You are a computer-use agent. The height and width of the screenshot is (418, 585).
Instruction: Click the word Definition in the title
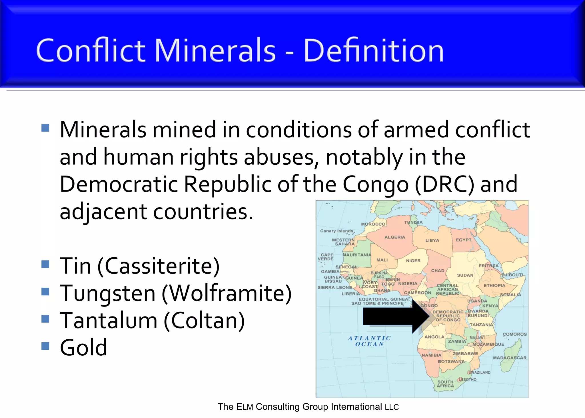tap(374, 51)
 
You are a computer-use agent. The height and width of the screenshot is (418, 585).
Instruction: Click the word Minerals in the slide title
tap(215, 51)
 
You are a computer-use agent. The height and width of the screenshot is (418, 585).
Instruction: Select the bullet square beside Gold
tap(45, 346)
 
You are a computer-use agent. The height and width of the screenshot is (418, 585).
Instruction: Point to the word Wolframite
tap(227, 293)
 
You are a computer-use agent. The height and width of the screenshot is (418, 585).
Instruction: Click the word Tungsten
tap(108, 294)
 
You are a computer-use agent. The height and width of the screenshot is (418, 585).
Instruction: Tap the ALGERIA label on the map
tap(395, 237)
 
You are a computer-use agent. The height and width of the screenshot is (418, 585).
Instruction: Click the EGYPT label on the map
tap(463, 240)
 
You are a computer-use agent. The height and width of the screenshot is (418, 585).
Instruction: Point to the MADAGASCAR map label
tap(510, 358)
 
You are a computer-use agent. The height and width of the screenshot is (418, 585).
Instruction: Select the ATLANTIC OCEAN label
tap(369, 341)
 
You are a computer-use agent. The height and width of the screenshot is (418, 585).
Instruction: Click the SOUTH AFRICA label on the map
tap(445, 384)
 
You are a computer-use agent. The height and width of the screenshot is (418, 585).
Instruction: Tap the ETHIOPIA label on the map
tap(494, 285)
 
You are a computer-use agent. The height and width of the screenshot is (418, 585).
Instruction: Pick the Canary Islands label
tap(336, 231)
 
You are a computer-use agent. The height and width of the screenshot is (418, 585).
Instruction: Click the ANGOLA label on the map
tap(434, 337)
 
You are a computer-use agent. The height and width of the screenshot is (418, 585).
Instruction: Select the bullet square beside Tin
tap(45, 264)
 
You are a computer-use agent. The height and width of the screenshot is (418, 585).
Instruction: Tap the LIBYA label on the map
tap(432, 240)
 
